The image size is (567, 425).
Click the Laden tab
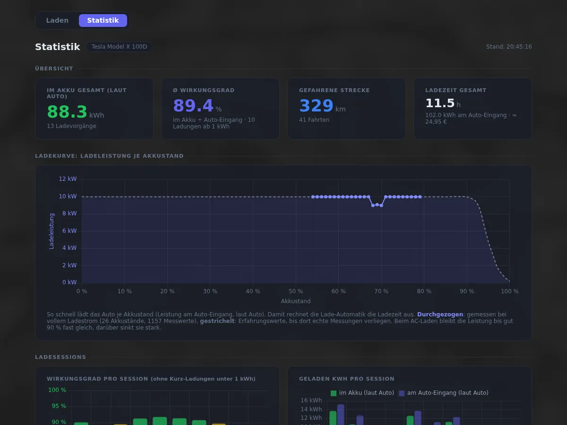(57, 20)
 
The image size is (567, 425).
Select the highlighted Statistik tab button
(103, 20)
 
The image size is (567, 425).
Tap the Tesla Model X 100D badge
(119, 47)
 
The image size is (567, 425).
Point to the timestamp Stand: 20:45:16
(509, 47)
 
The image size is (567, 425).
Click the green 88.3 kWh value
(76, 112)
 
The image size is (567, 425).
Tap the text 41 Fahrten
(314, 120)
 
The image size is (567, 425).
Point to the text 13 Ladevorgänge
(71, 126)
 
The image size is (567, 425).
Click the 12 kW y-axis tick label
(68, 179)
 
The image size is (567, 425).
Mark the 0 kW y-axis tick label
(69, 282)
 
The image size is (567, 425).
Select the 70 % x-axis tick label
(381, 291)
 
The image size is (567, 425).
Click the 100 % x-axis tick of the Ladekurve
(510, 291)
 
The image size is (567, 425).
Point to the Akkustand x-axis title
(296, 301)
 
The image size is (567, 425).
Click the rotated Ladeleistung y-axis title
(52, 231)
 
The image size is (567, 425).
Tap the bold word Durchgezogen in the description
(440, 314)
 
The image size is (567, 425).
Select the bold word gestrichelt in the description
(217, 321)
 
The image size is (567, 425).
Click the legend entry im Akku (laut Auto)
(362, 393)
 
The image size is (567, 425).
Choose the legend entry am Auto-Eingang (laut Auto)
(444, 393)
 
